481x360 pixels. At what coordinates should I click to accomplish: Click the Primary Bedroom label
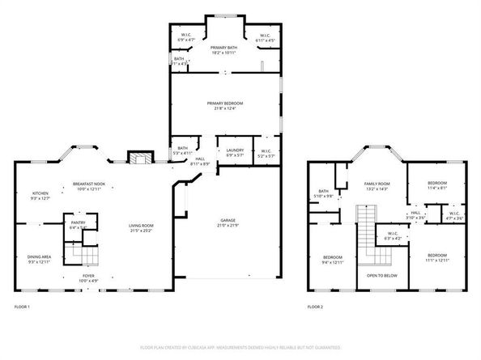click(224, 104)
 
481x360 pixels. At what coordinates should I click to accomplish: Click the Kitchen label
click(40, 193)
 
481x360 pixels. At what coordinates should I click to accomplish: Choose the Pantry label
click(79, 222)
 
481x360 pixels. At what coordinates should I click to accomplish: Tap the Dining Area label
click(40, 257)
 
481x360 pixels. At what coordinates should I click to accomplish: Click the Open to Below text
click(381, 276)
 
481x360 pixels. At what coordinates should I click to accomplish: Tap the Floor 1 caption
click(22, 307)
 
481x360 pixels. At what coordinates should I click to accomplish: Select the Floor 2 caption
click(315, 307)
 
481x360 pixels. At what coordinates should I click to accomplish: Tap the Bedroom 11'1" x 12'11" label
click(437, 257)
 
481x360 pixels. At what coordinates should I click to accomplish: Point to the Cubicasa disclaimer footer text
click(240, 348)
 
